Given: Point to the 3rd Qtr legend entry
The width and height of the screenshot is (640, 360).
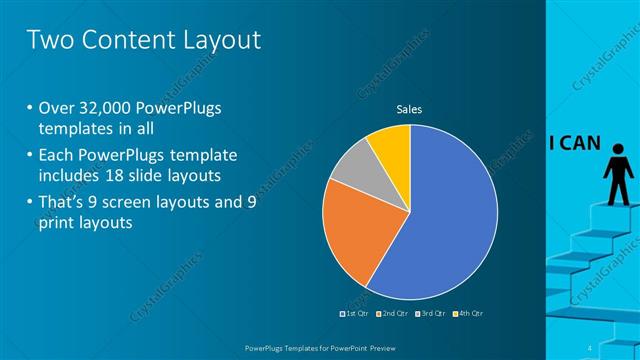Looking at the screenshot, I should (432, 314).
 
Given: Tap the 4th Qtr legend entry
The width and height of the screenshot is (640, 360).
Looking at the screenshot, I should (470, 314).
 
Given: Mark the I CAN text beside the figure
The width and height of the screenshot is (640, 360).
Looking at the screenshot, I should (574, 142).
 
